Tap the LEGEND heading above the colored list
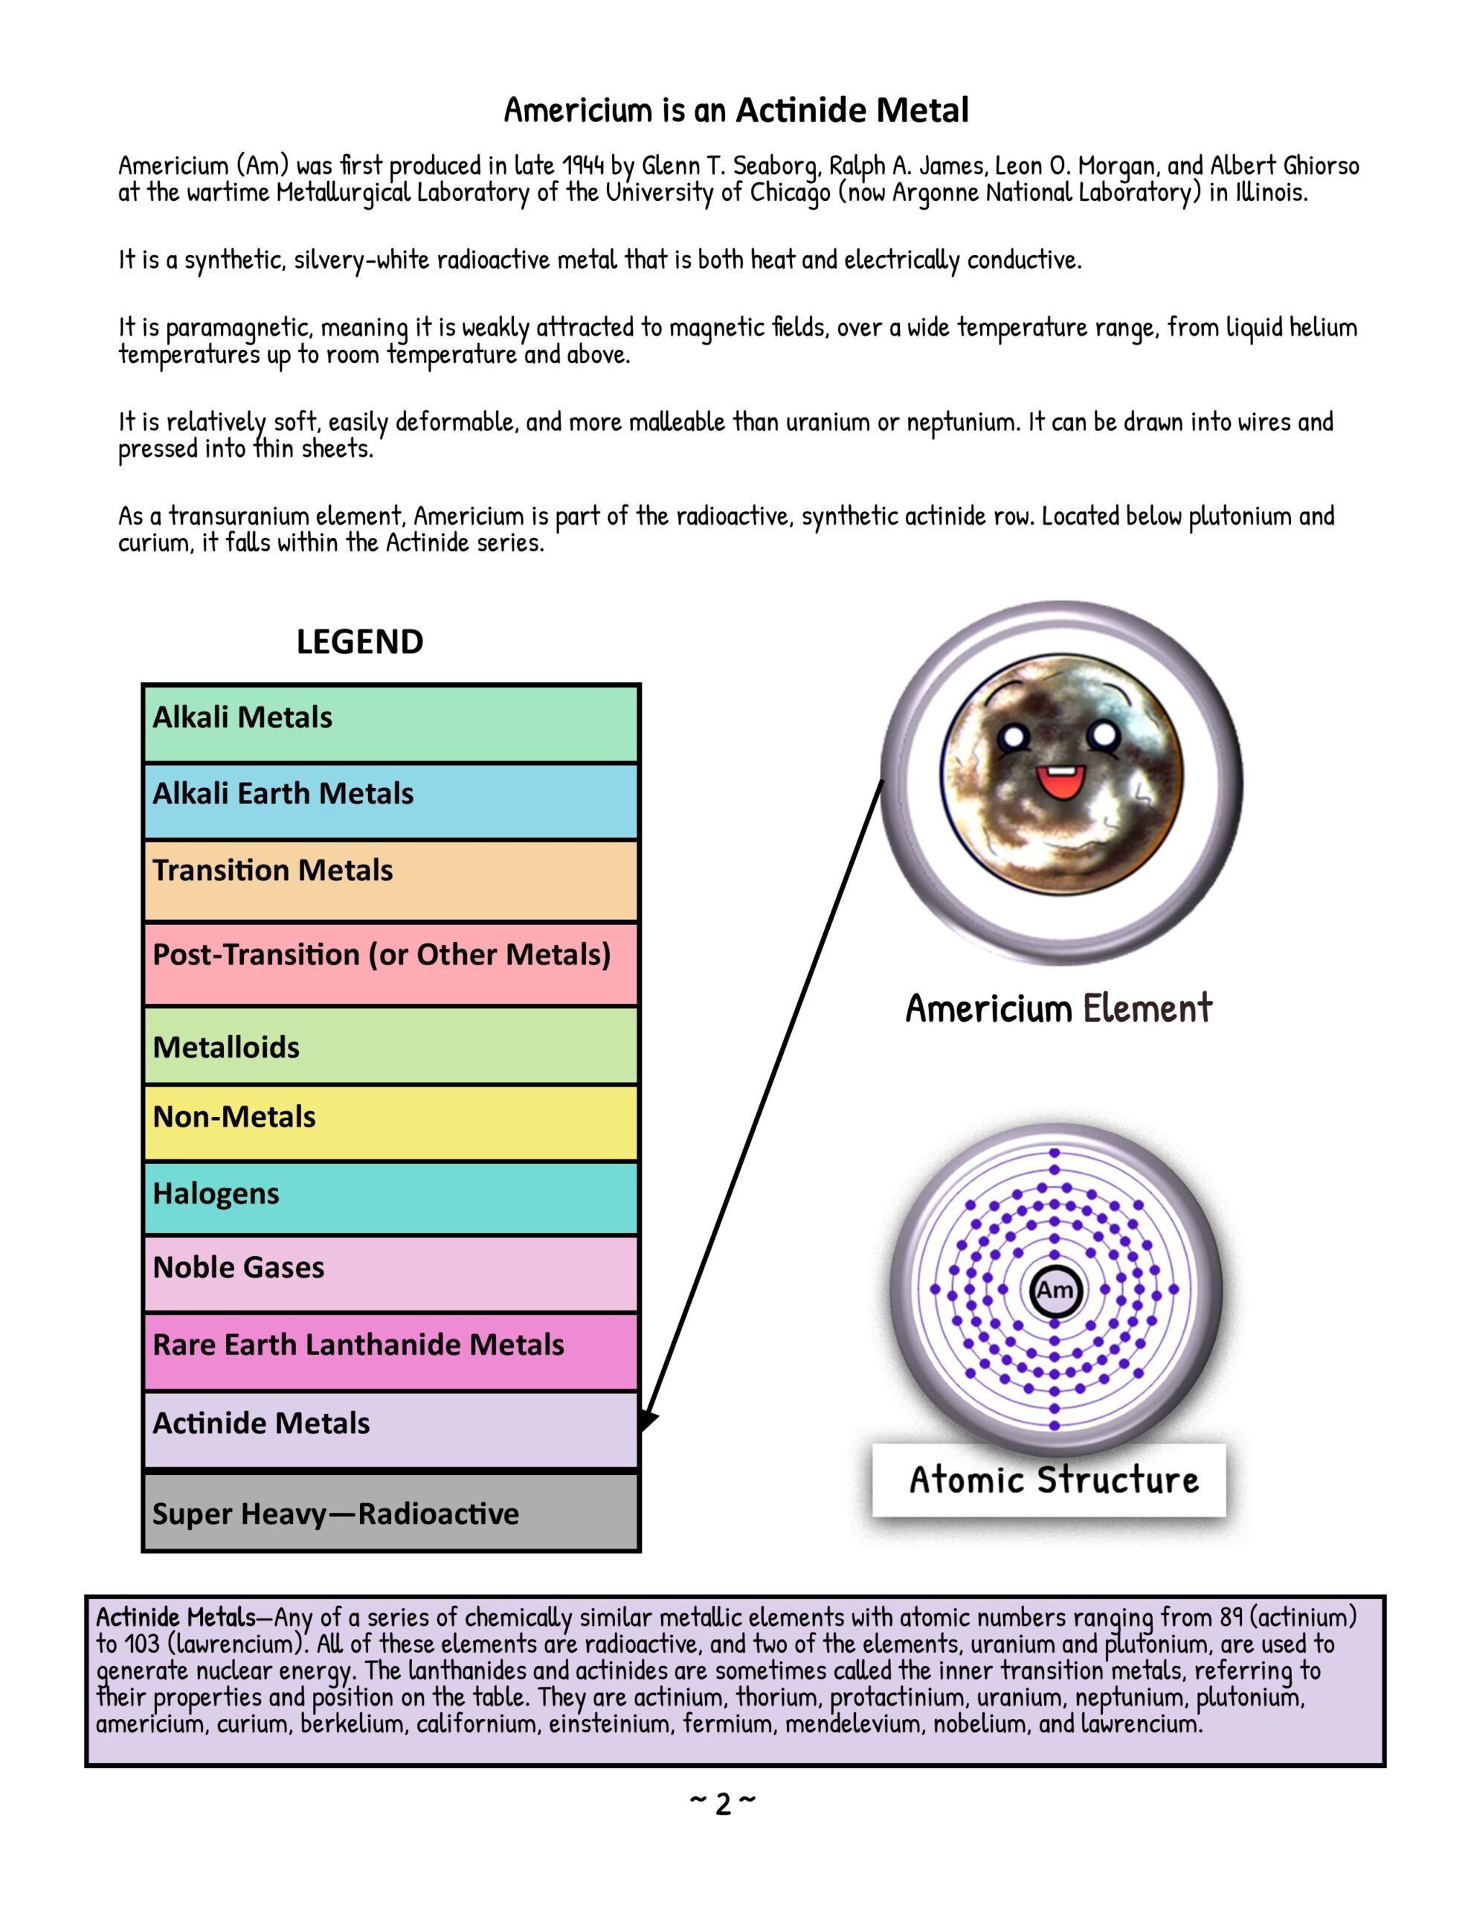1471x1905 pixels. tap(359, 642)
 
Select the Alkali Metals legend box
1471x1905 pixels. tap(390, 723)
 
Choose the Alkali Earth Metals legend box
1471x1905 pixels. tap(390, 801)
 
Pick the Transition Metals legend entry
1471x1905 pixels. tap(390, 880)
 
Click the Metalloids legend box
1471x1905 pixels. tap(390, 1045)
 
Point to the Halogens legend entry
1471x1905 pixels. tap(390, 1197)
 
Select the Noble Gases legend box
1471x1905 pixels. tap(390, 1272)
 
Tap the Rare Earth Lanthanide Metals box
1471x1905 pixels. tap(390, 1351)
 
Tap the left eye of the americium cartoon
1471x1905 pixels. tap(1013, 738)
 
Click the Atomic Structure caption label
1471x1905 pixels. tap(1052, 1480)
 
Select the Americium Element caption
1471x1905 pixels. tap(1058, 1008)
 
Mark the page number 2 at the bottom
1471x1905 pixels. tap(723, 1803)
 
